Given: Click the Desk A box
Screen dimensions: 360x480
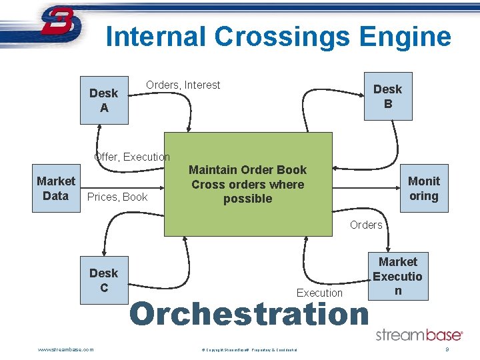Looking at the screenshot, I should pyautogui.click(x=103, y=100).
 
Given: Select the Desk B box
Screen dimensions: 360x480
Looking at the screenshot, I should pyautogui.click(x=387, y=96).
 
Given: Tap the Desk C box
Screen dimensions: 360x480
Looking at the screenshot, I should pyautogui.click(x=103, y=280).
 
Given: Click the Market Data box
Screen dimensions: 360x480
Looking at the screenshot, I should pyautogui.click(x=55, y=189).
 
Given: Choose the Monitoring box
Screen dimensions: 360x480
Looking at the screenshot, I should pyautogui.click(x=423, y=188).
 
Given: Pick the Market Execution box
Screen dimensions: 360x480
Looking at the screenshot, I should pyautogui.click(x=398, y=276).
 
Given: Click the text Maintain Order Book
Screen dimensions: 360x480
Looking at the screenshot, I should pyautogui.click(x=247, y=170).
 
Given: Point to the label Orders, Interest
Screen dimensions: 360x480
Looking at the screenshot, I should pyautogui.click(x=183, y=85).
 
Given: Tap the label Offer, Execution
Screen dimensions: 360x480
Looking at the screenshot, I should pyautogui.click(x=132, y=157).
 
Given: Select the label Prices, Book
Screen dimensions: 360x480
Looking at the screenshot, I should pyautogui.click(x=117, y=197).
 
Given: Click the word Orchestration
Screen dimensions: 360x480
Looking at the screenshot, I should pyautogui.click(x=248, y=314).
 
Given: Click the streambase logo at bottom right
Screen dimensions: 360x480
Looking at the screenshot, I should pyautogui.click(x=419, y=335).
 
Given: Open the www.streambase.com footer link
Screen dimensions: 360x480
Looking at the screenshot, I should pyautogui.click(x=66, y=349).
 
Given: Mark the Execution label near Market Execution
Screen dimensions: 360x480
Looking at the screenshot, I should pyautogui.click(x=319, y=293).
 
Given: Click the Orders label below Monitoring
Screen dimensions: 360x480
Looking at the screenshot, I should pyautogui.click(x=366, y=225).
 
